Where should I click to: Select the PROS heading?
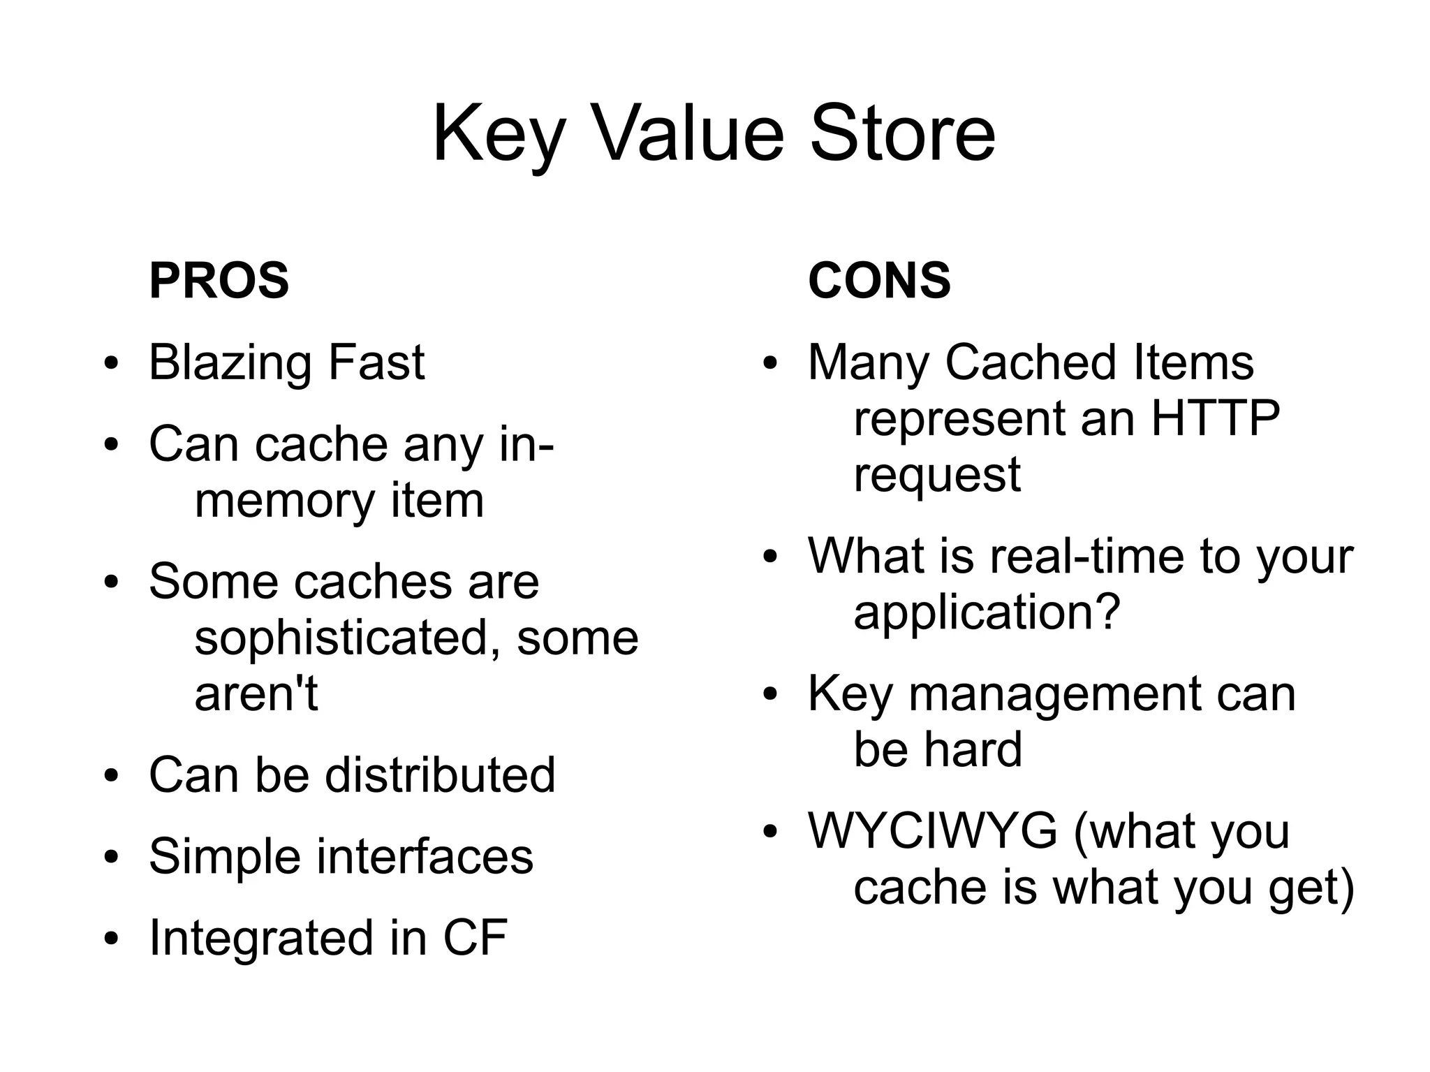click(x=219, y=281)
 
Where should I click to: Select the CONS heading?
click(x=879, y=281)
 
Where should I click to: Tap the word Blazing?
click(x=230, y=364)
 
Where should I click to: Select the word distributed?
click(x=440, y=775)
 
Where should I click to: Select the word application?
click(x=987, y=612)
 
